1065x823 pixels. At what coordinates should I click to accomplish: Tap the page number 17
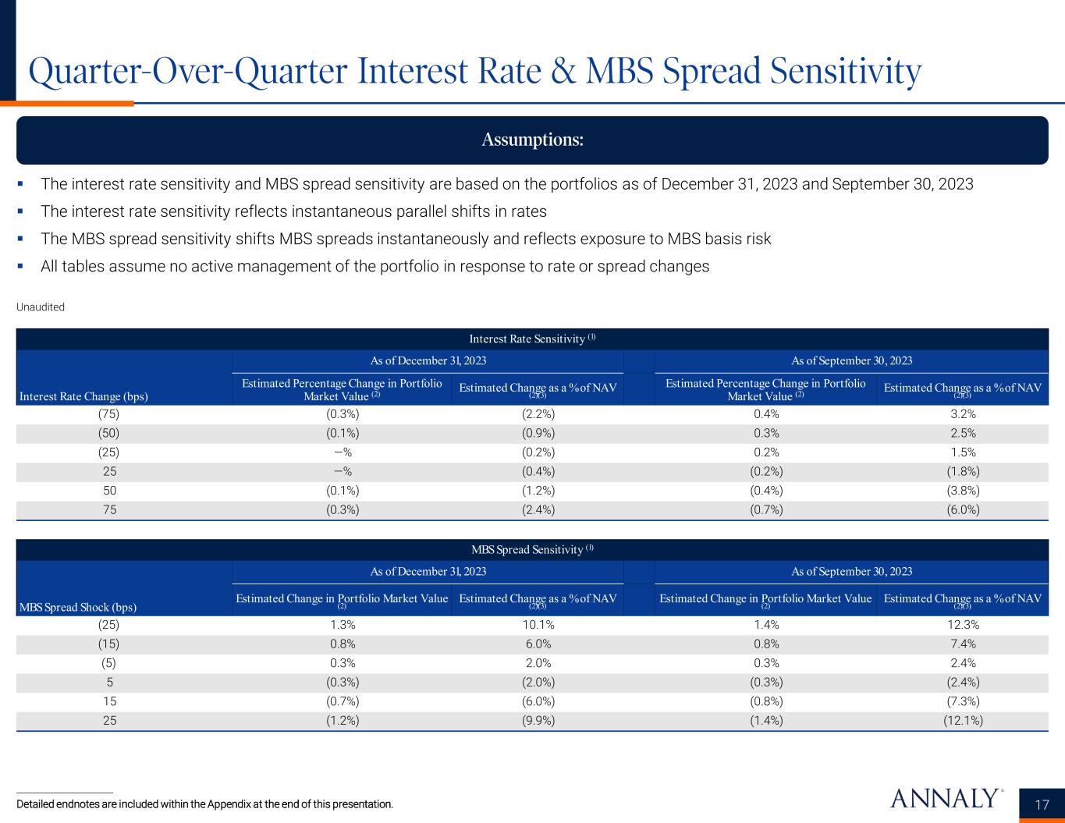tap(1042, 805)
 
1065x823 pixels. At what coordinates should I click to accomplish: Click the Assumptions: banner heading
tap(532, 140)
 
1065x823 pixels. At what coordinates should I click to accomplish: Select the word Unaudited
tap(41, 307)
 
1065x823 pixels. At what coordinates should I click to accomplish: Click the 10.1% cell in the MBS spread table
tap(538, 625)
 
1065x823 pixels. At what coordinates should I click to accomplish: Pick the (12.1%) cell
tap(962, 720)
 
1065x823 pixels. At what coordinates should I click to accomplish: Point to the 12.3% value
tap(962, 625)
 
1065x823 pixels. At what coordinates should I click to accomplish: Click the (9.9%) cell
tap(538, 720)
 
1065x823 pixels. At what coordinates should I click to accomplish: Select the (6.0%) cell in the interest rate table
tap(962, 510)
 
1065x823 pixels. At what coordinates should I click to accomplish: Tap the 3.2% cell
tap(962, 414)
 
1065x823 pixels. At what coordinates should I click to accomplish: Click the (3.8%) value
tap(962, 491)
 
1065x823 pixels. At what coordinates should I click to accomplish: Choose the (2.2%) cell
tap(538, 414)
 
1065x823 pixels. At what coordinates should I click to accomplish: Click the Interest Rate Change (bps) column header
tap(83, 396)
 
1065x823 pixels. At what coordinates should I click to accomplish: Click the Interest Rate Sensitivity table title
tap(532, 339)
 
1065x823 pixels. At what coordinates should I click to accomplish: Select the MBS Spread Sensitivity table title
tap(532, 549)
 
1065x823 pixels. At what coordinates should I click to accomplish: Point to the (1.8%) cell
tap(962, 471)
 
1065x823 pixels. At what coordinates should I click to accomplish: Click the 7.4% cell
tap(962, 644)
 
